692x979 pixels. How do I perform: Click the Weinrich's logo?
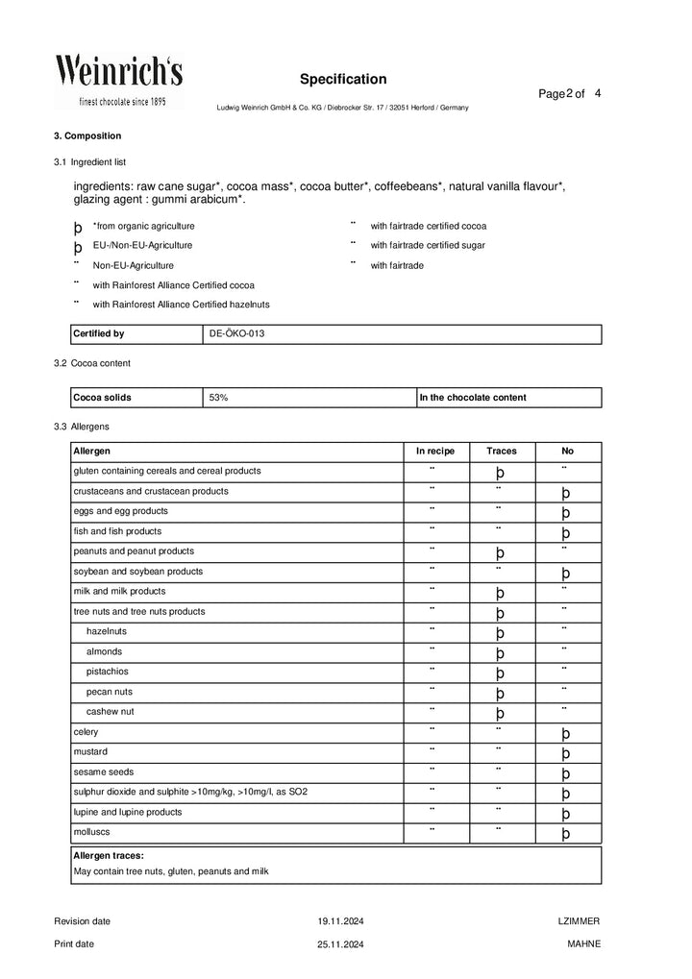point(118,81)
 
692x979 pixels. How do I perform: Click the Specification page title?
point(343,79)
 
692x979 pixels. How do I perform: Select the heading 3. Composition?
point(87,136)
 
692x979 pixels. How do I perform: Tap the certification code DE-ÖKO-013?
point(236,334)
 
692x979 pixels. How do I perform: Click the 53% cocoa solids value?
point(218,397)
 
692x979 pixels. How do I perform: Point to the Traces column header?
point(501,451)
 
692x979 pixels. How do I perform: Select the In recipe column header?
point(434,451)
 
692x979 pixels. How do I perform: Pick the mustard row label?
point(90,751)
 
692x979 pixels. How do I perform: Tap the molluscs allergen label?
point(92,832)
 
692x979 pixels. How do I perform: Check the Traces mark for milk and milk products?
point(500,593)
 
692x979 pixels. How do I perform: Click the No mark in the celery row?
point(566,734)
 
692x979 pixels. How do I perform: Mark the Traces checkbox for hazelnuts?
point(500,633)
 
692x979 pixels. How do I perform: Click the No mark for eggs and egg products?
point(566,513)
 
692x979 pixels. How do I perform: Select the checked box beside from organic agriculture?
point(78,228)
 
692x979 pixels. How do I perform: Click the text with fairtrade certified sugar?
point(428,245)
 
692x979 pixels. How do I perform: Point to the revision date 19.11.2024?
point(341,921)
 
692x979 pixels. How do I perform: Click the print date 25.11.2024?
point(341,944)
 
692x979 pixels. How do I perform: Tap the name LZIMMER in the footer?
point(579,921)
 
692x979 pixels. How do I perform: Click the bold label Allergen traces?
point(109,854)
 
